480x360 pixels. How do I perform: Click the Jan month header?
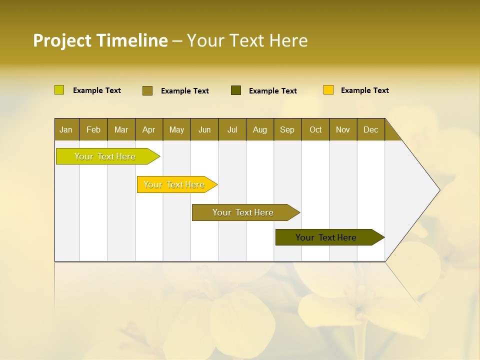coord(66,129)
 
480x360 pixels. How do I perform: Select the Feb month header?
coord(93,129)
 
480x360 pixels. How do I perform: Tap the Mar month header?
coord(121,129)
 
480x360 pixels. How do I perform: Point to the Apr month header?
coord(148,129)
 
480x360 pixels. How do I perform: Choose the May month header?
coord(176,129)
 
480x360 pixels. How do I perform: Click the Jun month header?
coord(204,129)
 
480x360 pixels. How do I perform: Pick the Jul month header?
coord(232,129)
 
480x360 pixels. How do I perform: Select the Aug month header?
coord(260,129)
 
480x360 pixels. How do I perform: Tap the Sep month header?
coord(287,129)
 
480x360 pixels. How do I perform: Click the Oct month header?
coord(315,129)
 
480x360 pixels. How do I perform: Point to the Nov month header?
coord(343,129)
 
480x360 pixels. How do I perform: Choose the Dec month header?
coord(370,129)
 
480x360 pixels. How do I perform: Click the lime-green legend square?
coord(59,90)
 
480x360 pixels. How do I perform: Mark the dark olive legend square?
coord(236,90)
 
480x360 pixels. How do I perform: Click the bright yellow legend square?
coord(328,90)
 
